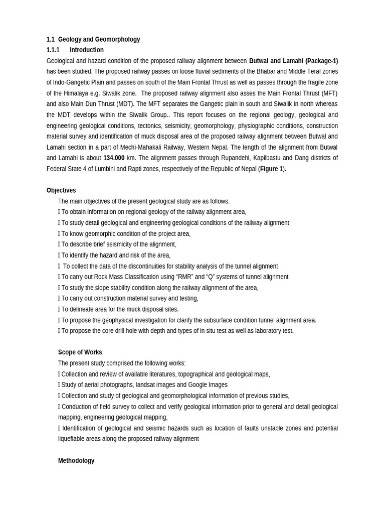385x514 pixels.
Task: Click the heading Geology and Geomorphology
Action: tap(99, 39)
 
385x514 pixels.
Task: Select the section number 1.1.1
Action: tap(53, 50)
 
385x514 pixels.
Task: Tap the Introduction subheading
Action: tap(86, 50)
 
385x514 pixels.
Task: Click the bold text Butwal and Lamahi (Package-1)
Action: tap(293, 61)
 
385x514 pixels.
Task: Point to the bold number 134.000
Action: tap(114, 158)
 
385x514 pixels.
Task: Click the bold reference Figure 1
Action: tap(271, 169)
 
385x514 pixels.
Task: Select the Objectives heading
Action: tap(61, 190)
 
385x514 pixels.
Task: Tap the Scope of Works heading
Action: tap(80, 352)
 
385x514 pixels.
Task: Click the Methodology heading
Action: tap(76, 460)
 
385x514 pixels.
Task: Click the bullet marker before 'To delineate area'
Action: tap(59, 309)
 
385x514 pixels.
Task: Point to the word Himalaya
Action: tap(82, 93)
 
